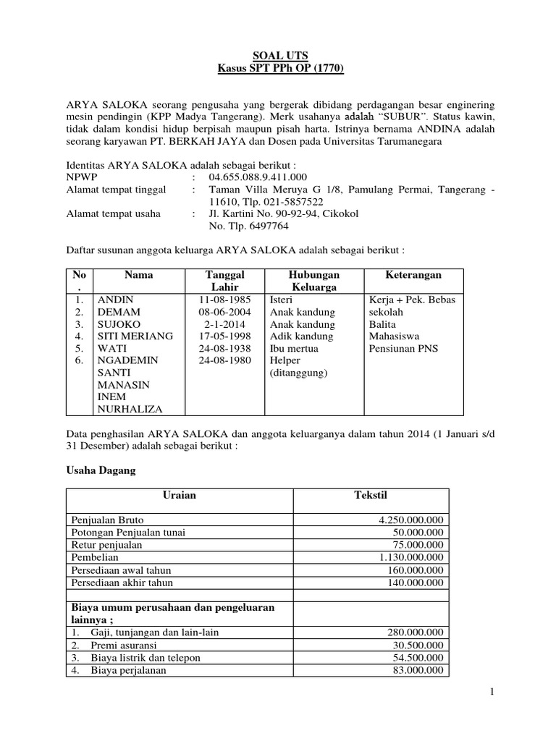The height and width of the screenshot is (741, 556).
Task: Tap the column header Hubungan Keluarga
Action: [313, 281]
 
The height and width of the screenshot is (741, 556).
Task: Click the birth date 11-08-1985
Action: [224, 300]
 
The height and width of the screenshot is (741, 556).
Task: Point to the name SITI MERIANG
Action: [135, 336]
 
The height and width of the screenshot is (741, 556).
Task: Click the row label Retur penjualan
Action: [106, 545]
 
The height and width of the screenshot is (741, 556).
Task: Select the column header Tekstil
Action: [371, 495]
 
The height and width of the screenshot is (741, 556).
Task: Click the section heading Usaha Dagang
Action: [100, 470]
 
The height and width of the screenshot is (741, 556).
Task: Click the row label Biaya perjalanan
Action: [129, 670]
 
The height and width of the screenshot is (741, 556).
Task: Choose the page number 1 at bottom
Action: [492, 693]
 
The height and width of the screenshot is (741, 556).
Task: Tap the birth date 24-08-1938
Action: [224, 349]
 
